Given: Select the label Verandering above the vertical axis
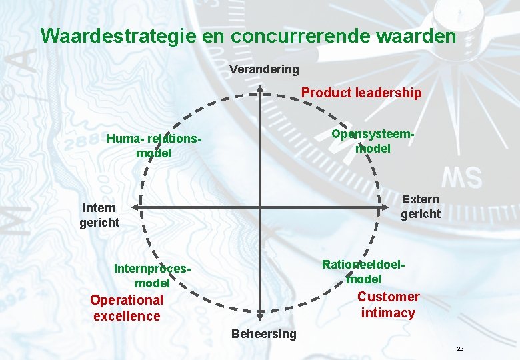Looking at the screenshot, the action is (264, 69).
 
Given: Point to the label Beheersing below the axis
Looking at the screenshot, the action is (263, 333).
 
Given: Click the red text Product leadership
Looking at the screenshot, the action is (361, 93).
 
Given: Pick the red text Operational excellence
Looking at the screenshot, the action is (127, 308).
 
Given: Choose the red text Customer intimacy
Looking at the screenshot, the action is (388, 305).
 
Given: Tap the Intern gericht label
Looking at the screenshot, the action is (99, 215).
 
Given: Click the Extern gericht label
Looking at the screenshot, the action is (421, 207).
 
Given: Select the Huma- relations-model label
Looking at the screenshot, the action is (153, 146).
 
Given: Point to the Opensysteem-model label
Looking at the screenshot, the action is (373, 141).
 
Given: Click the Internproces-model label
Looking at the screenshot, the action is (153, 276).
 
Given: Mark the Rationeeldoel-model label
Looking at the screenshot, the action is (363, 271).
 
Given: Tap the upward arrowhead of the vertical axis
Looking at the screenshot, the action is (260, 89).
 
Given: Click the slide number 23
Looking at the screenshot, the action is (460, 349).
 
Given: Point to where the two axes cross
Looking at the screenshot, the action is (260, 207).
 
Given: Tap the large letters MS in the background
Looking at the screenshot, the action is (462, 178).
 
